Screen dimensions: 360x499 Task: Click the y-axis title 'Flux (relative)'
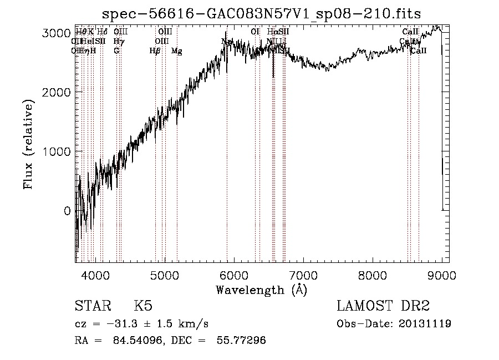29,144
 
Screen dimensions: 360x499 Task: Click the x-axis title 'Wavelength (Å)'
261,290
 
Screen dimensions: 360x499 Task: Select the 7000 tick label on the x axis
303,275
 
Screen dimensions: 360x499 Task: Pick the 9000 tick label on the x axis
441,275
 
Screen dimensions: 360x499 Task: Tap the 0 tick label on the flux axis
67,211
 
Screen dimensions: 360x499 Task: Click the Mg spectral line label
177,51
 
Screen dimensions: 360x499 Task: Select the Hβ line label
155,51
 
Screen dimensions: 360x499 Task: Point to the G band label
116,50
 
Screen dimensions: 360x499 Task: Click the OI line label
255,32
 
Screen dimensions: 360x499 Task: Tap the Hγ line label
118,42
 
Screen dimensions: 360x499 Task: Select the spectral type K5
143,306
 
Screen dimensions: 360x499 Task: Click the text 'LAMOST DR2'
383,306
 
